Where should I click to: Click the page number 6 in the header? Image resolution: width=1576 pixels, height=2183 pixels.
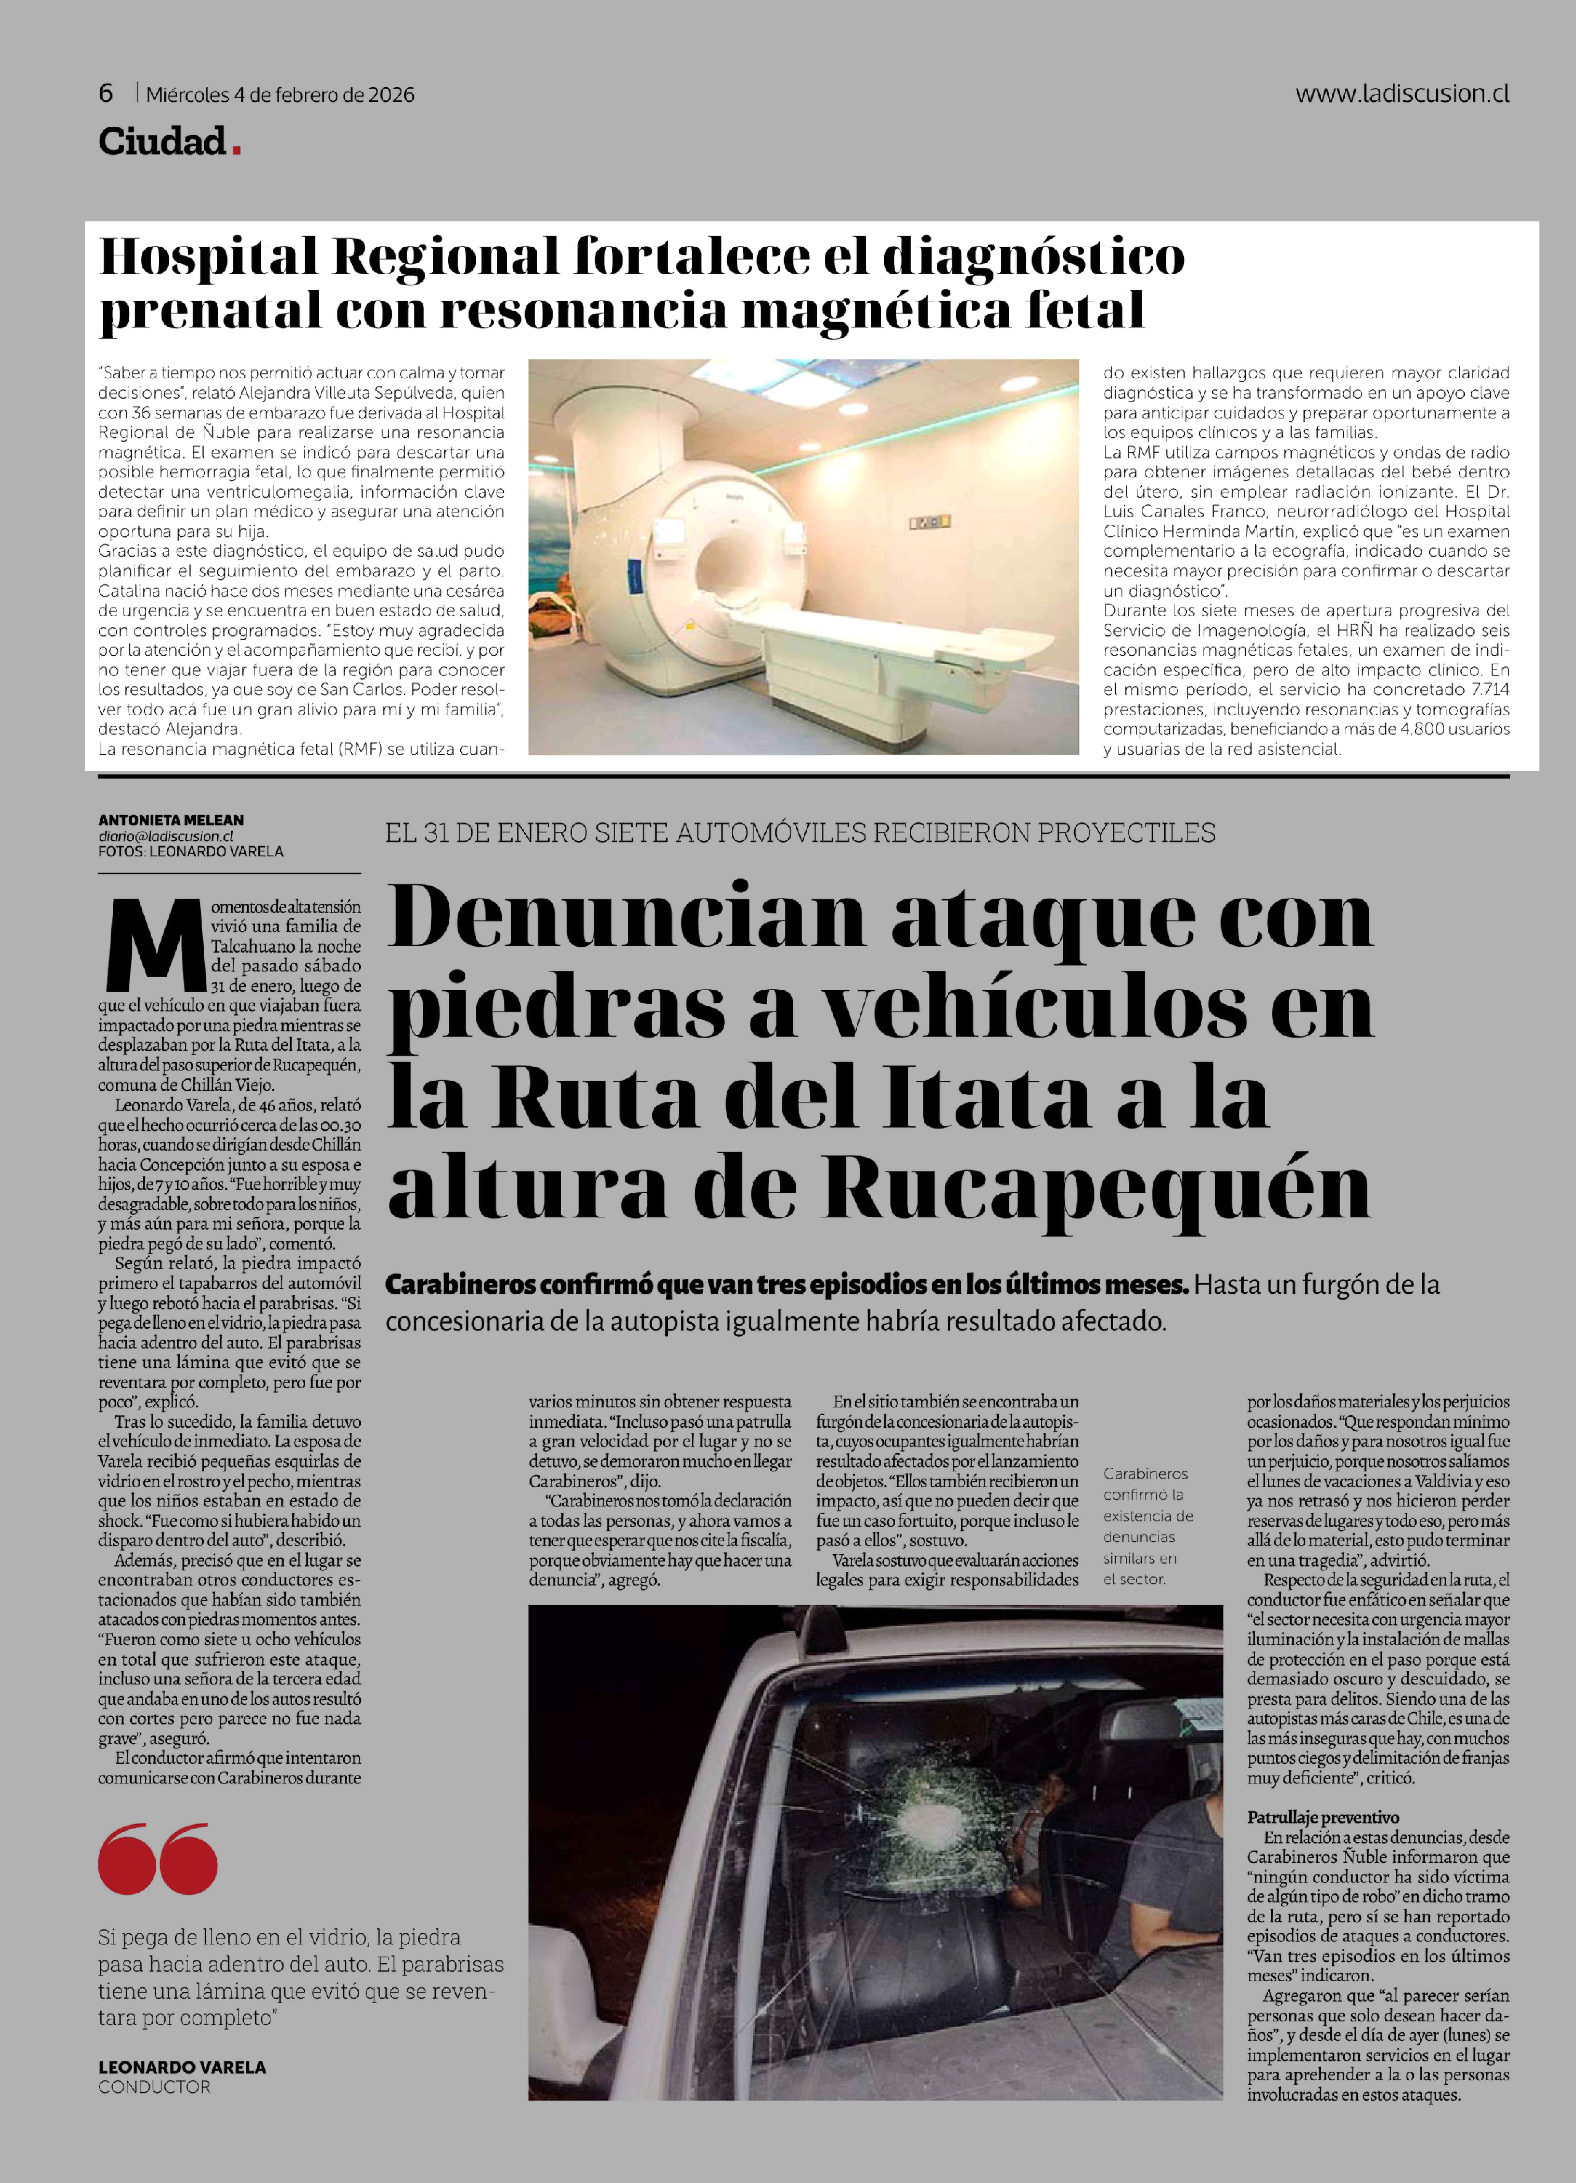pos(106,93)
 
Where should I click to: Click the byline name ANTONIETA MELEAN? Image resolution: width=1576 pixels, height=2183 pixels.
pos(170,820)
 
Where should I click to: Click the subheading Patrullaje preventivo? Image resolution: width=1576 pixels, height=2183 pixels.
pos(1323,1817)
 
